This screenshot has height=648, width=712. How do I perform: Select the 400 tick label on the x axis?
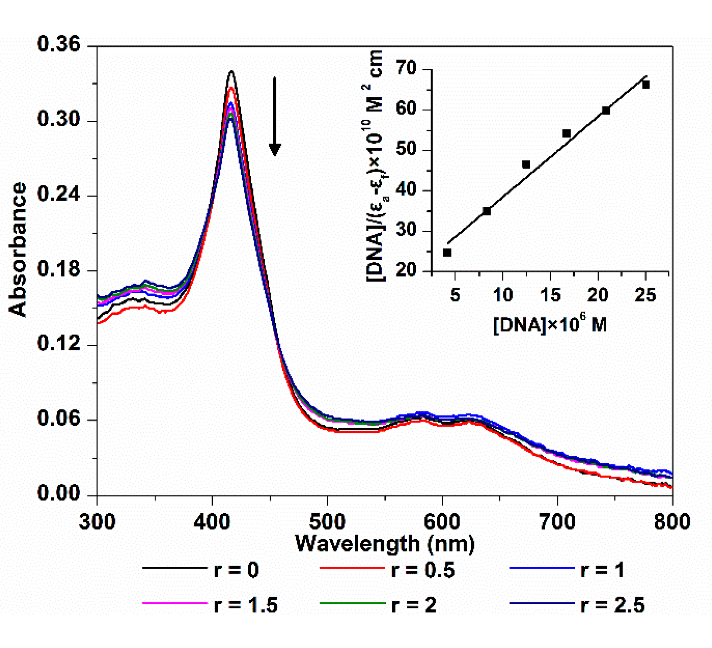[212, 522]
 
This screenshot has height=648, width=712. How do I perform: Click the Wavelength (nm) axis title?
[385, 543]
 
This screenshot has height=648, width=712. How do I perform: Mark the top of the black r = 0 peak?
[232, 71]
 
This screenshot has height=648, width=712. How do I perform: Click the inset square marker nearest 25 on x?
[645, 85]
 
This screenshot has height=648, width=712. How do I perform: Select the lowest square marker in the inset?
[447, 253]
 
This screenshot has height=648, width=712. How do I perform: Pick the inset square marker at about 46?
[526, 165]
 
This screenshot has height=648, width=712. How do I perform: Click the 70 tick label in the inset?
[406, 69]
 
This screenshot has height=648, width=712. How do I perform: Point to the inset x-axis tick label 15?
[550, 295]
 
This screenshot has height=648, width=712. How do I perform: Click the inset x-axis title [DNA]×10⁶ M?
[550, 324]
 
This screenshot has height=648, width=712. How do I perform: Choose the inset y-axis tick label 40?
[406, 190]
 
